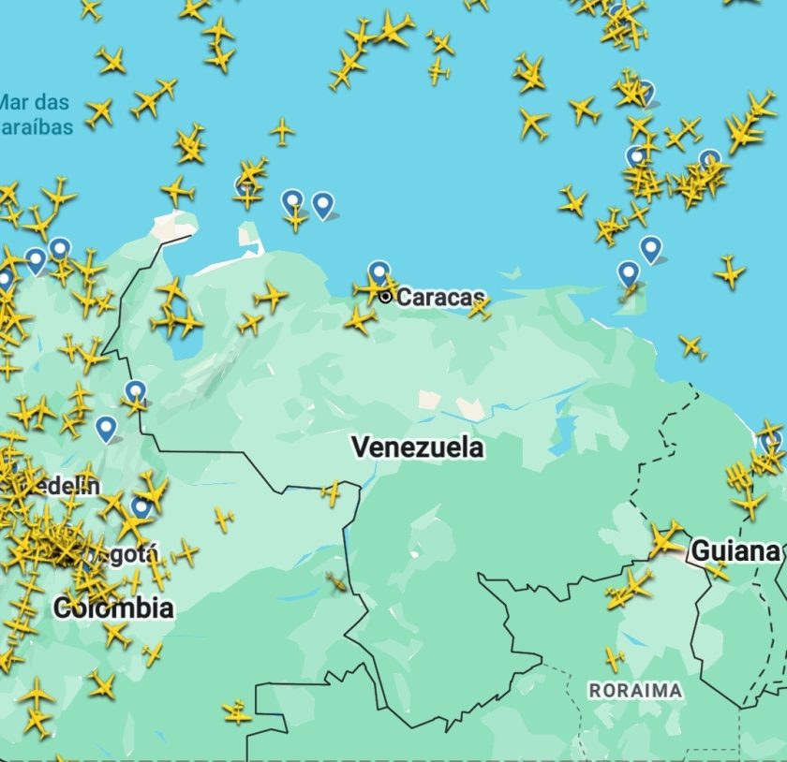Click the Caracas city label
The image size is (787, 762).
point(440,298)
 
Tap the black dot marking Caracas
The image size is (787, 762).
point(385,297)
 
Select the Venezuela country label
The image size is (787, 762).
point(418,447)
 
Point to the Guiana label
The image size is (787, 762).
point(735,550)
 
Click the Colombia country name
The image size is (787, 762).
point(113,608)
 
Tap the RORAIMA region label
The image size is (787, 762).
point(634,690)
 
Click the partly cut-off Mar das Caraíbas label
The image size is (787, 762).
point(35,114)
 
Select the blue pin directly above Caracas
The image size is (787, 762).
point(379,272)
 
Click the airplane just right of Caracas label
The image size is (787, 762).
point(480,308)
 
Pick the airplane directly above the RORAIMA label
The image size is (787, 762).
point(615,658)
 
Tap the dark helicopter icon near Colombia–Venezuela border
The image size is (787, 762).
point(335,583)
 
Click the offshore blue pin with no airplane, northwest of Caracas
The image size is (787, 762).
point(322,203)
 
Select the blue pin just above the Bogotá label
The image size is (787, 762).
point(141,507)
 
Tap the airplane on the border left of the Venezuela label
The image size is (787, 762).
point(331,491)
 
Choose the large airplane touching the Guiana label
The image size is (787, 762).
point(666,539)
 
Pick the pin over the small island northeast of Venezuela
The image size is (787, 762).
point(629,274)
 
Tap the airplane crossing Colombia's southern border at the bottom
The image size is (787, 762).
point(237,712)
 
